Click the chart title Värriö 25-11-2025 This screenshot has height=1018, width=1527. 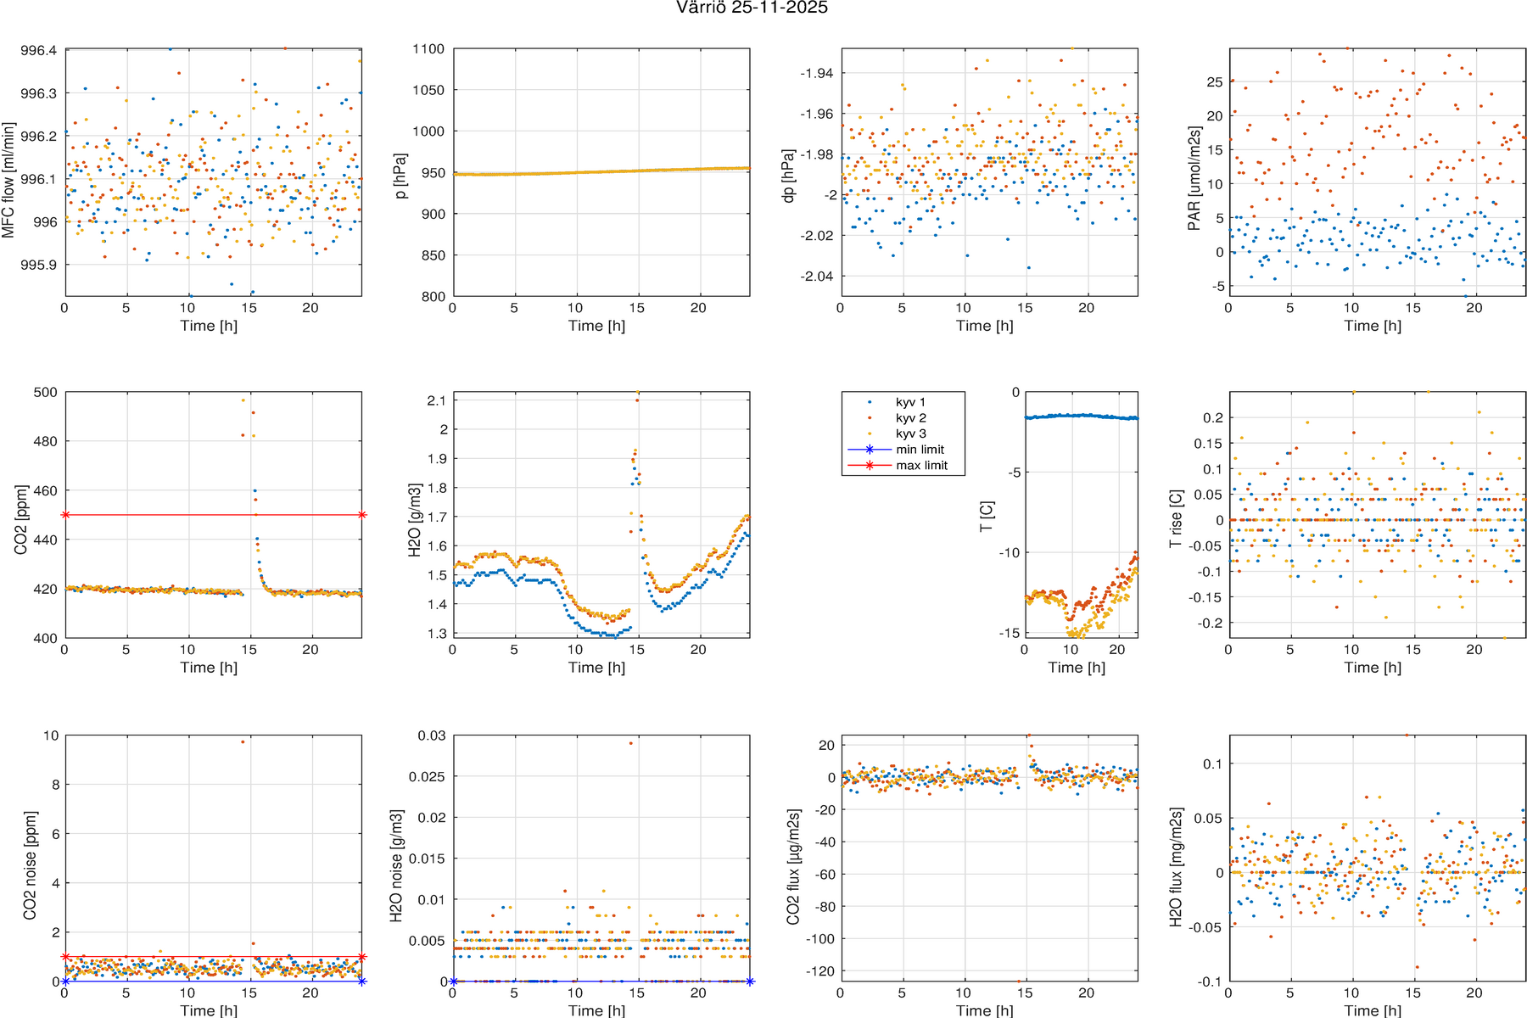click(x=752, y=8)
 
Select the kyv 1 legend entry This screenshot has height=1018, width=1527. click(x=910, y=402)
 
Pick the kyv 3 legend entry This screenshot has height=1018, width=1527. click(x=910, y=433)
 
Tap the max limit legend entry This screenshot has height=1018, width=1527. click(x=921, y=466)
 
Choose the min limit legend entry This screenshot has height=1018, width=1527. click(x=920, y=450)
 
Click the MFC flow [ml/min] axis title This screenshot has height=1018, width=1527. click(x=8, y=180)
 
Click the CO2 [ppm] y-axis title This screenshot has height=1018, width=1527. click(x=20, y=520)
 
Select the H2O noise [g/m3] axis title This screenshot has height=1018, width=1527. click(x=396, y=865)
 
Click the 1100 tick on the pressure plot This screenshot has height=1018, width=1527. click(x=428, y=49)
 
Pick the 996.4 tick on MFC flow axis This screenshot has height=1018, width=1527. click(x=39, y=51)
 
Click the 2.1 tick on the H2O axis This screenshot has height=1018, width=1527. click(x=438, y=400)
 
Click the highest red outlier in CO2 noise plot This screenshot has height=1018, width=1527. click(x=243, y=741)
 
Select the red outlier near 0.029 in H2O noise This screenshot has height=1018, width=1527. click(x=630, y=743)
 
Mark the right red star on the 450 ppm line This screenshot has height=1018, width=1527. click(x=362, y=515)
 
